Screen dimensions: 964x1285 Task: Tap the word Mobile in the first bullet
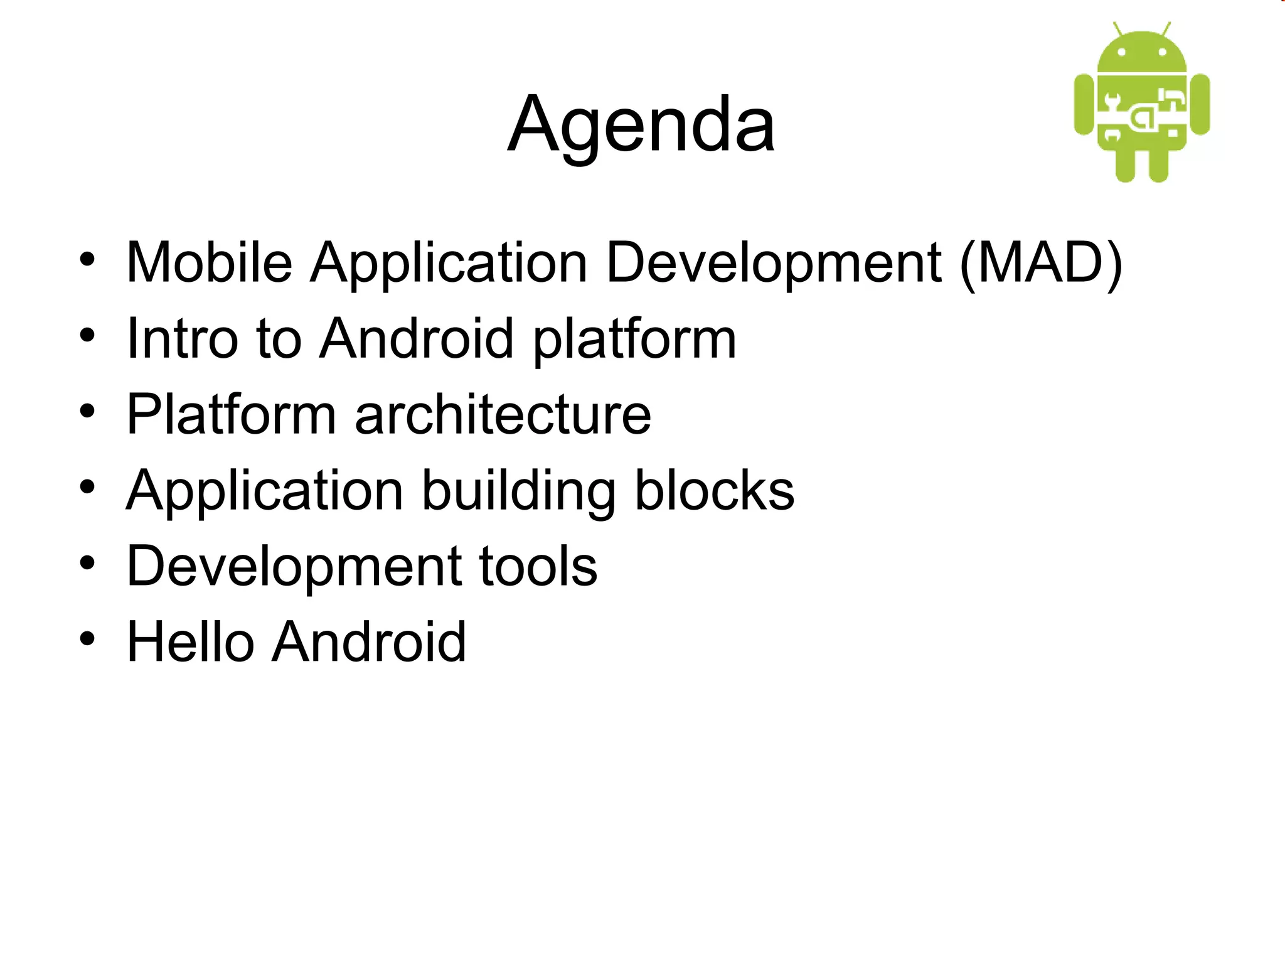pos(210,262)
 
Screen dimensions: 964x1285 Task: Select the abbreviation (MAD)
pos(1041,262)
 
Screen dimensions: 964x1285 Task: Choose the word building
pos(518,491)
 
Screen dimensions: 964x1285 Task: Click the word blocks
pos(715,491)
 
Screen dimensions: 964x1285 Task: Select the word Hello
pos(189,643)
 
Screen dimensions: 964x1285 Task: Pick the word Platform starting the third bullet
pos(232,415)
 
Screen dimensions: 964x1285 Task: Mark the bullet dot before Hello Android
pos(87,639)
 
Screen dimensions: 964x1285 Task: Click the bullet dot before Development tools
pos(87,563)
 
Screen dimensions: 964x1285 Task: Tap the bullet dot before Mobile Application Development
pos(87,259)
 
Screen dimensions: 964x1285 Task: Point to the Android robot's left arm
pos(1084,104)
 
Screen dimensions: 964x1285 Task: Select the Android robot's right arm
pos(1200,104)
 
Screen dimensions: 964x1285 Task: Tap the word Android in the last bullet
pos(369,643)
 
